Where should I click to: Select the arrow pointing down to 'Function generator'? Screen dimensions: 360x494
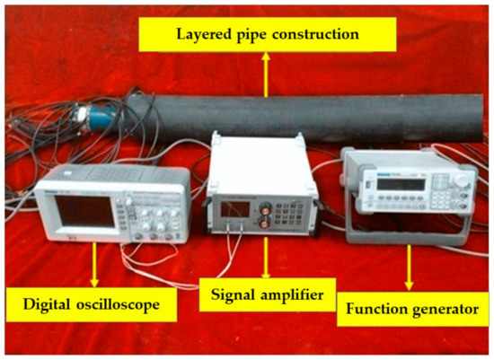pos(410,269)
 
